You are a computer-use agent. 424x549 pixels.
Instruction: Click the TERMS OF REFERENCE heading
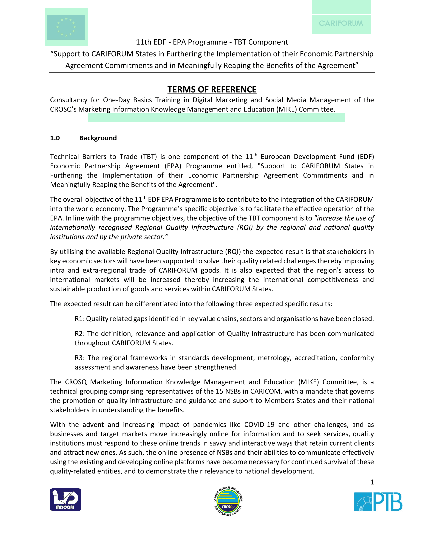pos(212,90)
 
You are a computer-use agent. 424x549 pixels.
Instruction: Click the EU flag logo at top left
pos(66,27)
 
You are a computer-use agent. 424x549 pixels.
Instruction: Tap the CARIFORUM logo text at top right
pos(341,23)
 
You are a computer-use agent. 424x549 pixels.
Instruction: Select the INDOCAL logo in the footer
pos(66,499)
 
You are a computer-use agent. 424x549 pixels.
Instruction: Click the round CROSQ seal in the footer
pos(228,501)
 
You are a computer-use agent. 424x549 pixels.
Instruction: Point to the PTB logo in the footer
pos(378,502)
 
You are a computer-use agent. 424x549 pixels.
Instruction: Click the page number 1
pos(372,482)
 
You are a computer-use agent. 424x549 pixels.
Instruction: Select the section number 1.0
pos(55,138)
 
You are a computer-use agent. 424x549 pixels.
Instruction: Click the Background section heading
pos(98,138)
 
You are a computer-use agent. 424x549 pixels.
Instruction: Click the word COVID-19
pos(259,425)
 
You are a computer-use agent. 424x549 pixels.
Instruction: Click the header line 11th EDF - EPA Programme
pos(212,42)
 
